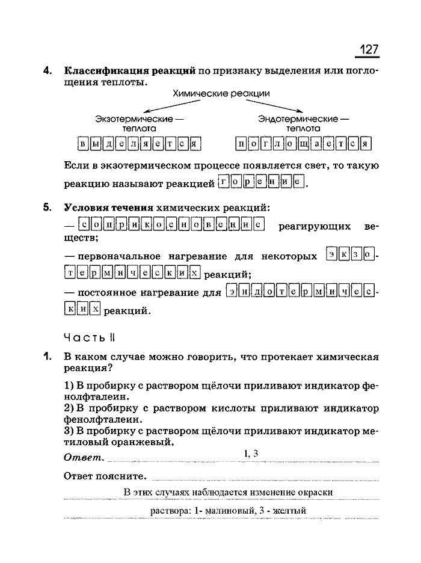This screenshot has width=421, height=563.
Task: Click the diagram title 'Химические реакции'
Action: pyautogui.click(x=221, y=94)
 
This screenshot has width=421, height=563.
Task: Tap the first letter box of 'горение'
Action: pyautogui.click(x=224, y=182)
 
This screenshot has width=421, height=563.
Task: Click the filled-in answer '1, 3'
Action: pyautogui.click(x=251, y=454)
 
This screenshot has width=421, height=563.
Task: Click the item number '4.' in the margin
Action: pyautogui.click(x=48, y=70)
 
